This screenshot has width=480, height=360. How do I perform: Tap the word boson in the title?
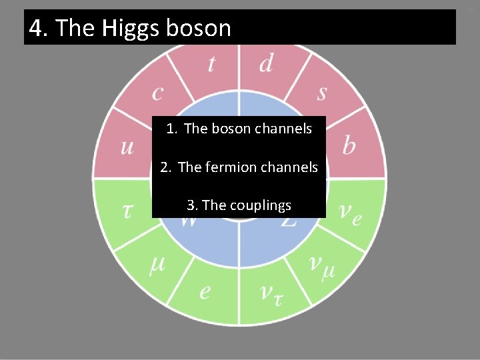point(199,28)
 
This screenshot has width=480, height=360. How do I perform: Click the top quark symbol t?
point(211,64)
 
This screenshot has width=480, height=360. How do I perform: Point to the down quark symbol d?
point(266,63)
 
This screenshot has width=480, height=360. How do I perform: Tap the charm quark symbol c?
point(157,93)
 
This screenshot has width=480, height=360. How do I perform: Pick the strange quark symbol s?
point(322,93)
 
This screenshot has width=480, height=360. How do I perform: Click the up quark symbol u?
point(127,147)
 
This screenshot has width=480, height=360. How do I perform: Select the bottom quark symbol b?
point(349,146)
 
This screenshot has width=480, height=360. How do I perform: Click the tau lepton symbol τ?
point(127,211)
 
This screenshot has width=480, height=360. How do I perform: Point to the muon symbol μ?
point(157,265)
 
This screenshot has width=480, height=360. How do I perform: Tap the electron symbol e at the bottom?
point(205,291)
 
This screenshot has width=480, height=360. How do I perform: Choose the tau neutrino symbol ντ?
point(269,293)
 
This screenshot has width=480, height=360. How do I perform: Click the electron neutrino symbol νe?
point(350,213)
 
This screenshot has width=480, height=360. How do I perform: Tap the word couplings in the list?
point(261,205)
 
